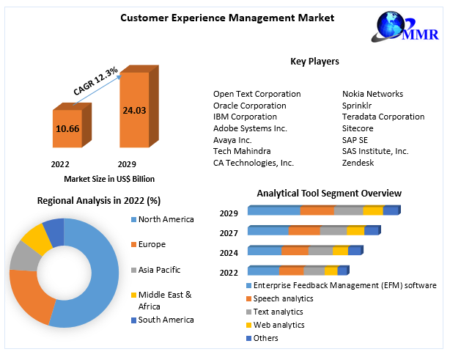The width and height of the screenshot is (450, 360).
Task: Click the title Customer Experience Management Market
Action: tap(217, 17)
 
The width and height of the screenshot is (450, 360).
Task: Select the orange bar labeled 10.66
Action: tap(67, 129)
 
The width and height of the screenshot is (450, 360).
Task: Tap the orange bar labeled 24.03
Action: tap(135, 110)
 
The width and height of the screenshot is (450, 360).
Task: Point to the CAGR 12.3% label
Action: tap(96, 80)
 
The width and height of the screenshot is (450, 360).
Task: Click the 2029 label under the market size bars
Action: tap(128, 164)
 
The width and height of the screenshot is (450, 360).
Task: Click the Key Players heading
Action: tap(314, 62)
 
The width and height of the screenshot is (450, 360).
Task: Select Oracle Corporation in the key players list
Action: tap(250, 106)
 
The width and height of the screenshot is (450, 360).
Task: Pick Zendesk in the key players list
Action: tap(358, 163)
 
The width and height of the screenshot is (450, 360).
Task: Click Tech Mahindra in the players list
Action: tap(243, 151)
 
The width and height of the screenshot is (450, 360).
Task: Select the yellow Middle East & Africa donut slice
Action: tap(33, 240)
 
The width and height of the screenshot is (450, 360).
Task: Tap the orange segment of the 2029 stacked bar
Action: tap(317, 211)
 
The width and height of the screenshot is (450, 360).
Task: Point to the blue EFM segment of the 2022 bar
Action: tap(263, 271)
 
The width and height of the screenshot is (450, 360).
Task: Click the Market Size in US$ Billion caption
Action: tap(108, 179)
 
